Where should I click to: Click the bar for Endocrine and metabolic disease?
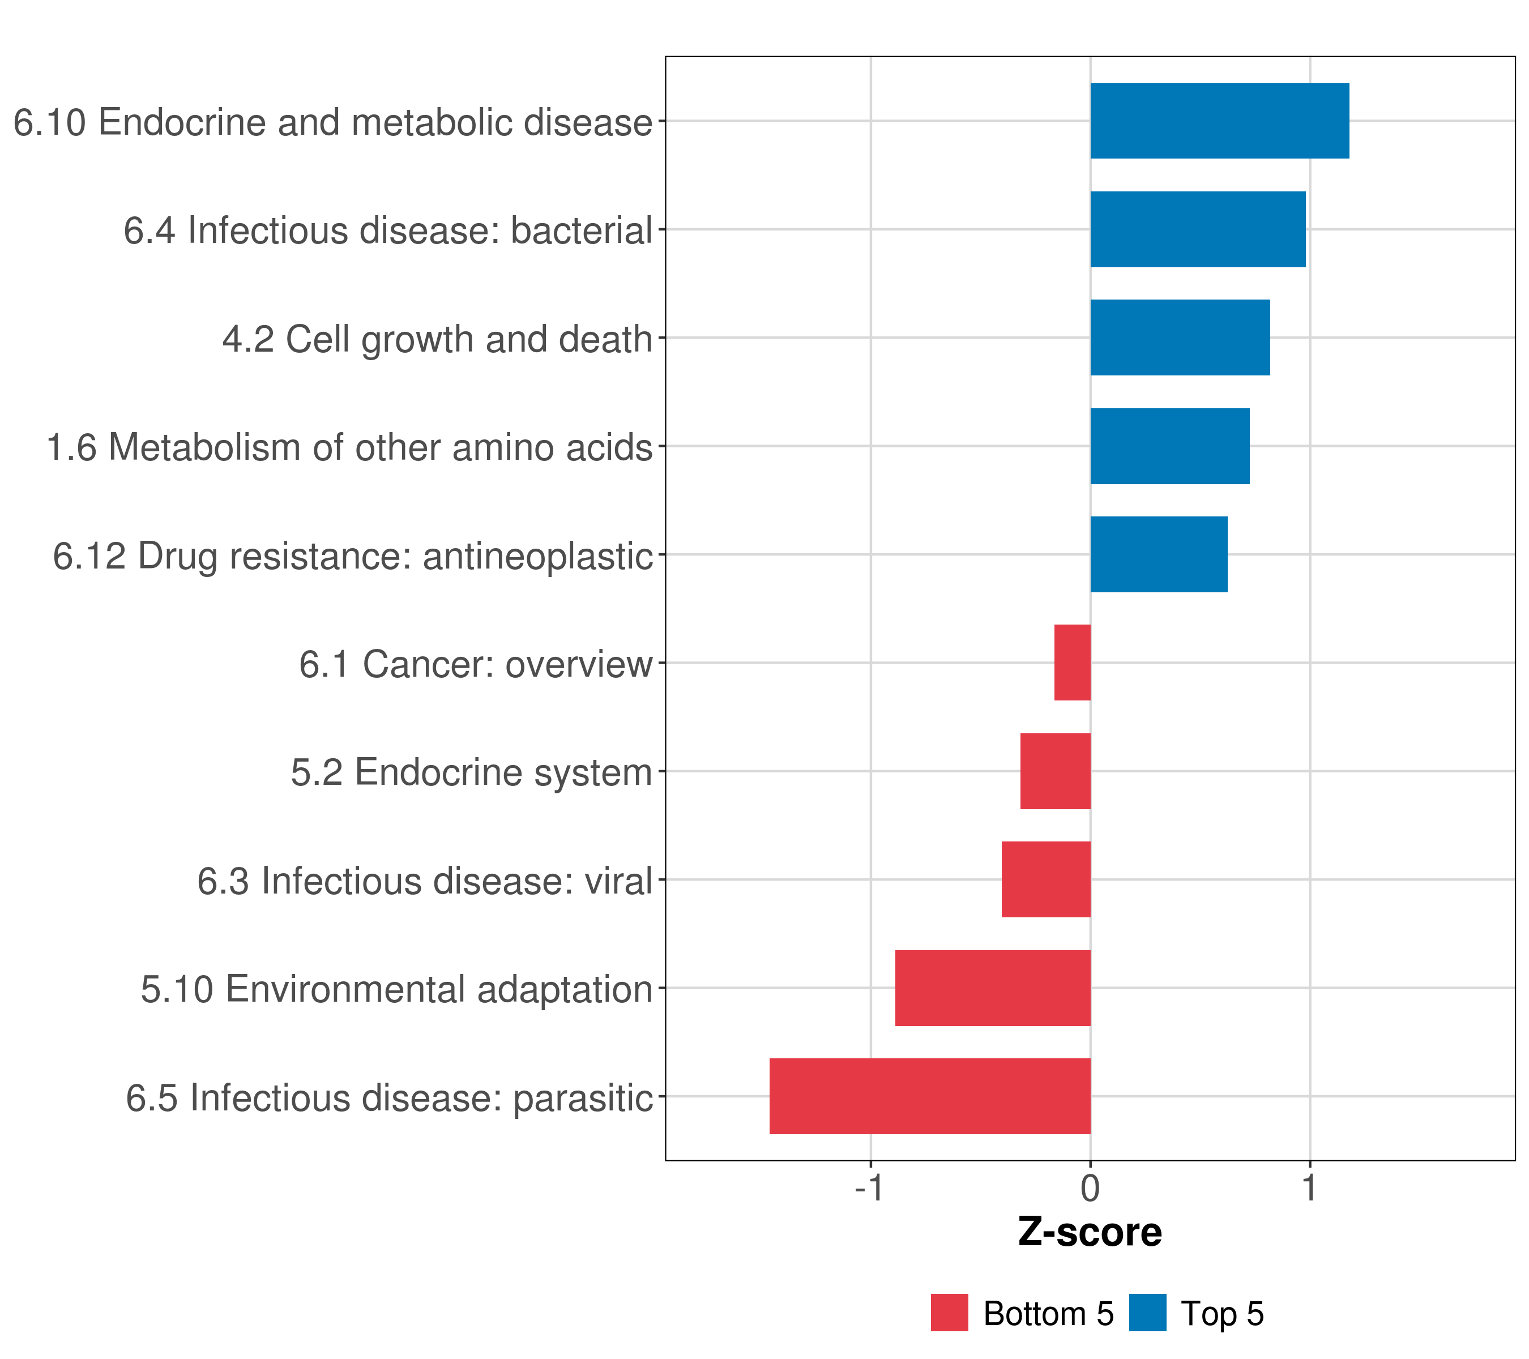pyautogui.click(x=1219, y=121)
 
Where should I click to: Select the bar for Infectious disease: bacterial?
pyautogui.click(x=1198, y=230)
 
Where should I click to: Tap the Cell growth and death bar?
pyautogui.click(x=1180, y=337)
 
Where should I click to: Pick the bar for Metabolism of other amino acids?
pyautogui.click(x=1170, y=447)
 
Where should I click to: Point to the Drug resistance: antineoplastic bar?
pyautogui.click(x=1159, y=554)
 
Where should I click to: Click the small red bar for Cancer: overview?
pyautogui.click(x=1072, y=663)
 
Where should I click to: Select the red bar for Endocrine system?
pyautogui.click(x=1055, y=771)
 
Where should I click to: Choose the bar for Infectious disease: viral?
pyautogui.click(x=1046, y=879)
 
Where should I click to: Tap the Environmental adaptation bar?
pyautogui.click(x=993, y=988)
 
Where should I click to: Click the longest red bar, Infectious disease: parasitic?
pyautogui.click(x=930, y=1096)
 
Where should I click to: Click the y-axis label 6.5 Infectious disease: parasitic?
pyautogui.click(x=389, y=1098)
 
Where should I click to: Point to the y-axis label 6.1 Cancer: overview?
pyautogui.click(x=476, y=664)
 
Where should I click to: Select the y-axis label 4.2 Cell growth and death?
pyautogui.click(x=438, y=339)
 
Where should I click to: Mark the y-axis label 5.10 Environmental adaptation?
pyautogui.click(x=396, y=989)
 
